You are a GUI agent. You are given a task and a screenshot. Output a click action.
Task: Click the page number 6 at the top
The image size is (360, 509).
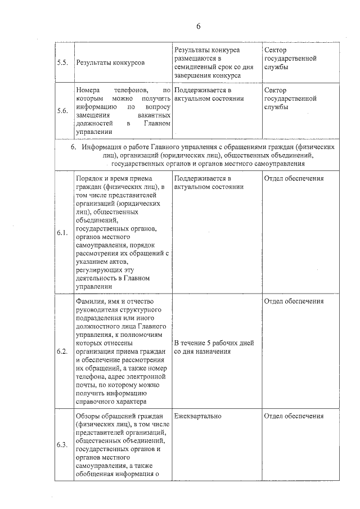[199, 26]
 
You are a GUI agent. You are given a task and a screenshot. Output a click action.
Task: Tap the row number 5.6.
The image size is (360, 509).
[62, 111]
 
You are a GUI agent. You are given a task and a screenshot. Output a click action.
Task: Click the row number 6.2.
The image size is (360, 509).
[62, 352]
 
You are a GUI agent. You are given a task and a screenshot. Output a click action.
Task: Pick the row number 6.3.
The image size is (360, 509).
[62, 445]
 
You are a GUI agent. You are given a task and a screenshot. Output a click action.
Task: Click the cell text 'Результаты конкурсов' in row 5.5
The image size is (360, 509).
[110, 62]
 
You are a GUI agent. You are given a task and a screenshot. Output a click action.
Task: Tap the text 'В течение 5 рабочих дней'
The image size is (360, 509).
[214, 343]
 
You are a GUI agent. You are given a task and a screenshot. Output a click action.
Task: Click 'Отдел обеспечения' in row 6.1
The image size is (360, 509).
[294, 178]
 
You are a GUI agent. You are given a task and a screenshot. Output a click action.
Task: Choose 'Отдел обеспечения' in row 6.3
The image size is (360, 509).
[294, 416]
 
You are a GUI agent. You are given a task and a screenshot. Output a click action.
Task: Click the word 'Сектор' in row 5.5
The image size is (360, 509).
[275, 50]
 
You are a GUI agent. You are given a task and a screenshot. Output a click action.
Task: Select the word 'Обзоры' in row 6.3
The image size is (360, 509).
[88, 416]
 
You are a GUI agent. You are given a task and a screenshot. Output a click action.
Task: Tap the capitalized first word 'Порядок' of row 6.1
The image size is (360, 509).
[90, 178]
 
